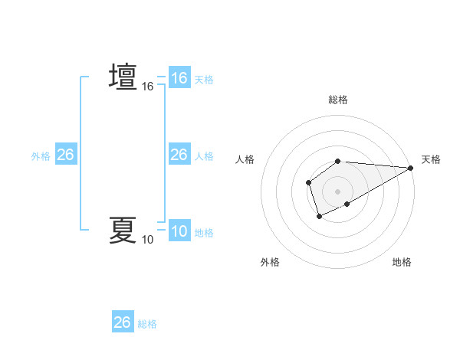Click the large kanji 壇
pyautogui.click(x=123, y=77)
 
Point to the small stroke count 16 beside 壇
pyautogui.click(x=148, y=87)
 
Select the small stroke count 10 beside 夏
pyautogui.click(x=148, y=240)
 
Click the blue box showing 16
pyautogui.click(x=179, y=78)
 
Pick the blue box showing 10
pyautogui.click(x=179, y=231)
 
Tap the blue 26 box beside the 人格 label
pyautogui.click(x=179, y=155)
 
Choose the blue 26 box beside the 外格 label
pyautogui.click(x=66, y=155)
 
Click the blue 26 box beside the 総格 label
pyautogui.click(x=123, y=322)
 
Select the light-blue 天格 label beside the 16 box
pyautogui.click(x=204, y=80)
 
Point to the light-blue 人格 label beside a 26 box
pyautogui.click(x=204, y=156)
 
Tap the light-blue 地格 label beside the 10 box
pyautogui.click(x=204, y=233)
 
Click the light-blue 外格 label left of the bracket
pyautogui.click(x=41, y=156)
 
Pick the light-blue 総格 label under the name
pyautogui.click(x=147, y=324)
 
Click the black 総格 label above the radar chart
pyautogui.click(x=338, y=100)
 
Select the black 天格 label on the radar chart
pyautogui.click(x=432, y=159)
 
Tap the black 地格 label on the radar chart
pyautogui.click(x=402, y=262)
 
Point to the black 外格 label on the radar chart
pyautogui.click(x=270, y=262)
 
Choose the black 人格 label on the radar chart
pyautogui.click(x=245, y=159)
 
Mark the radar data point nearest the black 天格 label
pyautogui.click(x=411, y=168)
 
